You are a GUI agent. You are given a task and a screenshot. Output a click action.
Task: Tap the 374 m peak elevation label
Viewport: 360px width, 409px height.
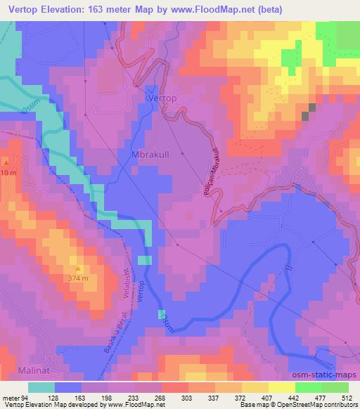77,279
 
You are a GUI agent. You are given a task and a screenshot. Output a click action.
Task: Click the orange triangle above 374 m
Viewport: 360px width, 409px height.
77,269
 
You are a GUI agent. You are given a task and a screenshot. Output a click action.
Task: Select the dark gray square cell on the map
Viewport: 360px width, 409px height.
309,112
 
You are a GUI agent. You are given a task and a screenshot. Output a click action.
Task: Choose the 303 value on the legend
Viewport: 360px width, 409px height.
186,398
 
